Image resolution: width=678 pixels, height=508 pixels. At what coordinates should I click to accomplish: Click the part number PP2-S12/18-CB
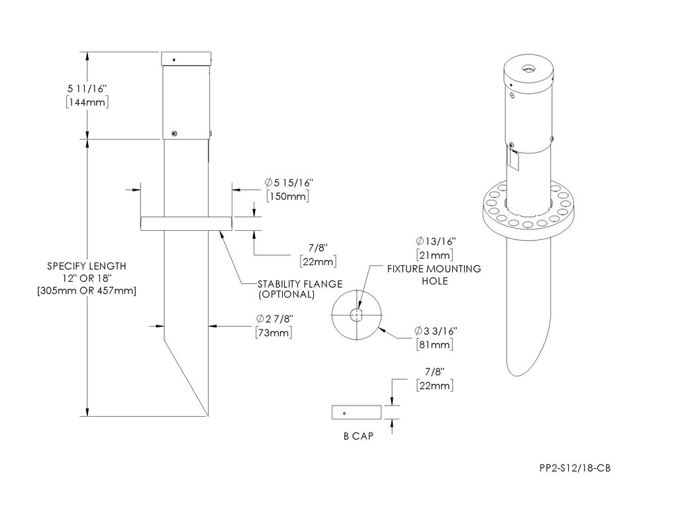[574, 468]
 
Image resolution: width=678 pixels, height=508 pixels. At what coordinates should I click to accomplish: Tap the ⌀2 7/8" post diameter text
[274, 319]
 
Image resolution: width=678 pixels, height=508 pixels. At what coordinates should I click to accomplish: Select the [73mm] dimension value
[274, 333]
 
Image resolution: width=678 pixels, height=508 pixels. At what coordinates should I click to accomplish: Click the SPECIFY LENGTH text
[87, 266]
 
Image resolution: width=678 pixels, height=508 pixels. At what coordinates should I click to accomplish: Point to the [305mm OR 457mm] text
[87, 292]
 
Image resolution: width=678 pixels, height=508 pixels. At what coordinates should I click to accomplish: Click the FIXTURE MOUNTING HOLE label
[434, 275]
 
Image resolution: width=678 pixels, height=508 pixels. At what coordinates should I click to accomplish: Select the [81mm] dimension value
[435, 345]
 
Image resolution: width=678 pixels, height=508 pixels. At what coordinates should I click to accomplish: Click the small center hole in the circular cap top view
[357, 314]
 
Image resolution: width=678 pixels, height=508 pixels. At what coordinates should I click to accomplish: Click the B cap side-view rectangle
[356, 412]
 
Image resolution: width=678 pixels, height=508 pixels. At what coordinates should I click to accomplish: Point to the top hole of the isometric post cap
[528, 69]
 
